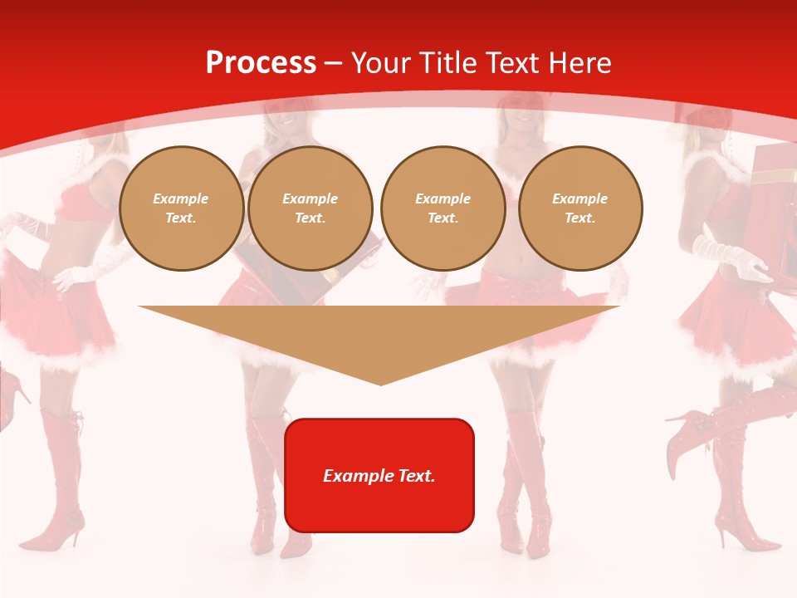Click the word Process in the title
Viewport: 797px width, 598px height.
261,63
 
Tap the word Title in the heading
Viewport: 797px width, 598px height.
447,63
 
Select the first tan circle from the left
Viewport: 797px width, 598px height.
181,208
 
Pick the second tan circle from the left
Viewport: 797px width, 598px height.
310,208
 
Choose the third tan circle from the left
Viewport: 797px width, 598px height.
443,208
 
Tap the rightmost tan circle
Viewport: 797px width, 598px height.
580,208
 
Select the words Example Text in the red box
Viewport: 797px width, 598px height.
379,476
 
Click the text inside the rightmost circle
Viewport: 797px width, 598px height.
580,208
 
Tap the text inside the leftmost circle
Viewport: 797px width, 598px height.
181,208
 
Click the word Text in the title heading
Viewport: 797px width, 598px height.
513,63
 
